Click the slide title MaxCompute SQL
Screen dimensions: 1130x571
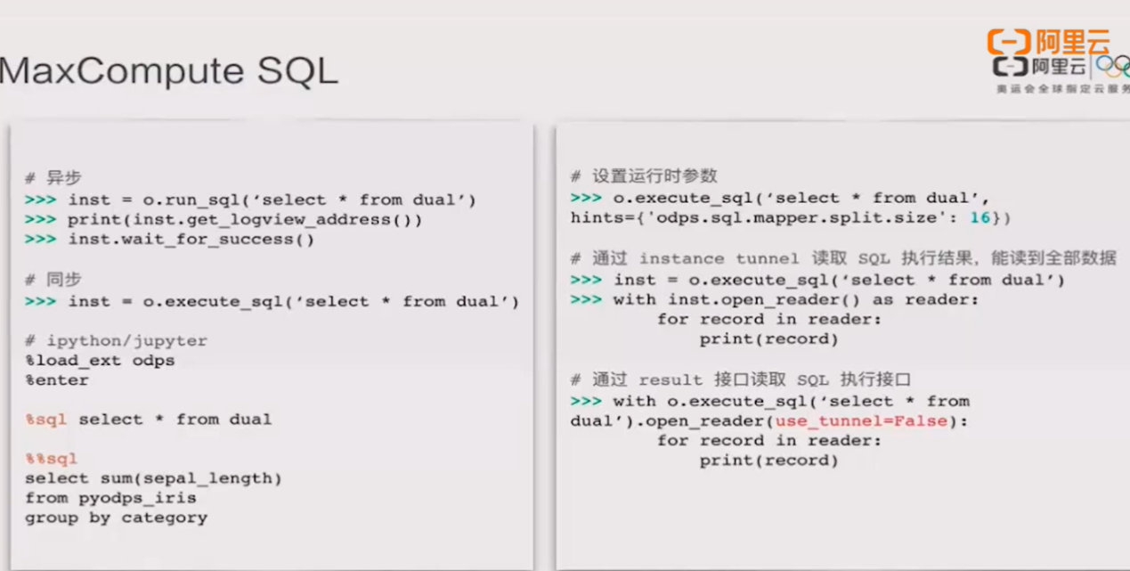point(168,70)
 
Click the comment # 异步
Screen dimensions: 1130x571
point(53,178)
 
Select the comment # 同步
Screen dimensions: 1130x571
point(53,280)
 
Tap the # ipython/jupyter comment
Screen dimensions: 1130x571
point(116,340)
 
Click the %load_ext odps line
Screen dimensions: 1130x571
point(100,360)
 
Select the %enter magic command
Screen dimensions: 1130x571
point(57,379)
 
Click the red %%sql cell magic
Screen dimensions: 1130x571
point(52,459)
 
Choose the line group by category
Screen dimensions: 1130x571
point(116,518)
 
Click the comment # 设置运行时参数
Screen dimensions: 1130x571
point(644,176)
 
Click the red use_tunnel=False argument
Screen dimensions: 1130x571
point(861,420)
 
